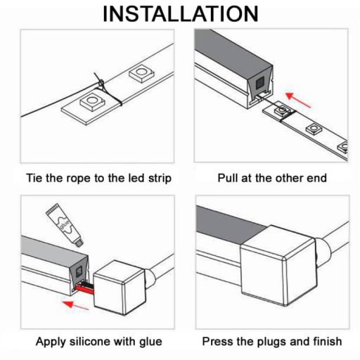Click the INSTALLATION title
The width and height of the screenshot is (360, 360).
180,13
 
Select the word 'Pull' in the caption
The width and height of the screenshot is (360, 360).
229,178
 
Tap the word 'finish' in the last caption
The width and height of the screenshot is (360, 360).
325,342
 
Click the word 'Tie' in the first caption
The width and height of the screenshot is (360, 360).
35,178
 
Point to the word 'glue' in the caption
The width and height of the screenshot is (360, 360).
148,342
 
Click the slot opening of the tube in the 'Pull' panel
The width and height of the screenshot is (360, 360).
261,88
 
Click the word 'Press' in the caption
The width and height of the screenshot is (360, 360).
219,342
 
